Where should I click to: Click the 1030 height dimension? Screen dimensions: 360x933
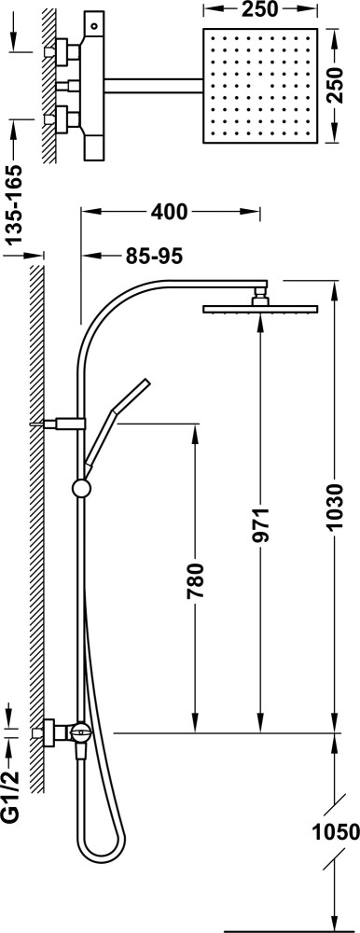[x=336, y=507]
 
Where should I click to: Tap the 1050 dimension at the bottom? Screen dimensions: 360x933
[x=335, y=830]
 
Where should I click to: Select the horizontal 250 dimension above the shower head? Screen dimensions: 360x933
[x=260, y=9]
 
